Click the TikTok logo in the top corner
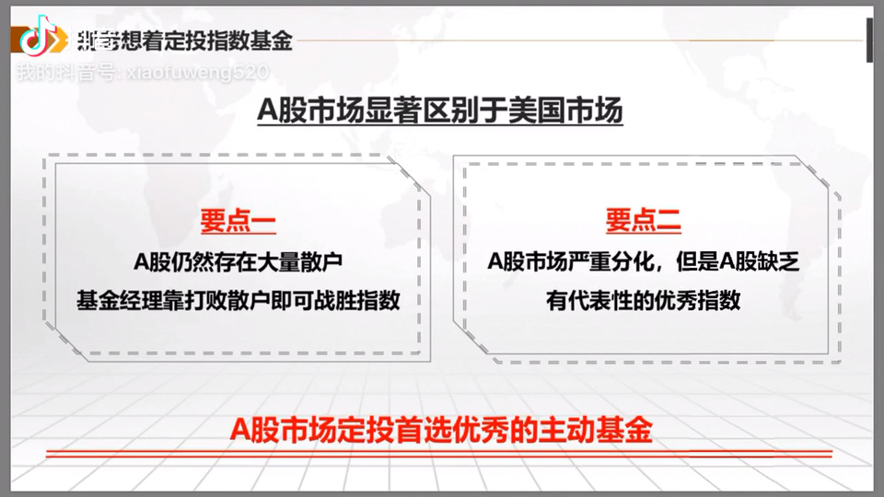pyautogui.click(x=34, y=39)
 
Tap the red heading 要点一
pyautogui.click(x=238, y=221)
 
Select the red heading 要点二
pyautogui.click(x=643, y=221)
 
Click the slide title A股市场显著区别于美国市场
pyautogui.click(x=440, y=111)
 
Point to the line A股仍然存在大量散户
pyautogui.click(x=238, y=261)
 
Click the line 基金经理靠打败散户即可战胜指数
pyautogui.click(x=238, y=300)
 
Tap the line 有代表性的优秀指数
pyautogui.click(x=643, y=300)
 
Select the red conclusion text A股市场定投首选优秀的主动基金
pyautogui.click(x=441, y=430)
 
